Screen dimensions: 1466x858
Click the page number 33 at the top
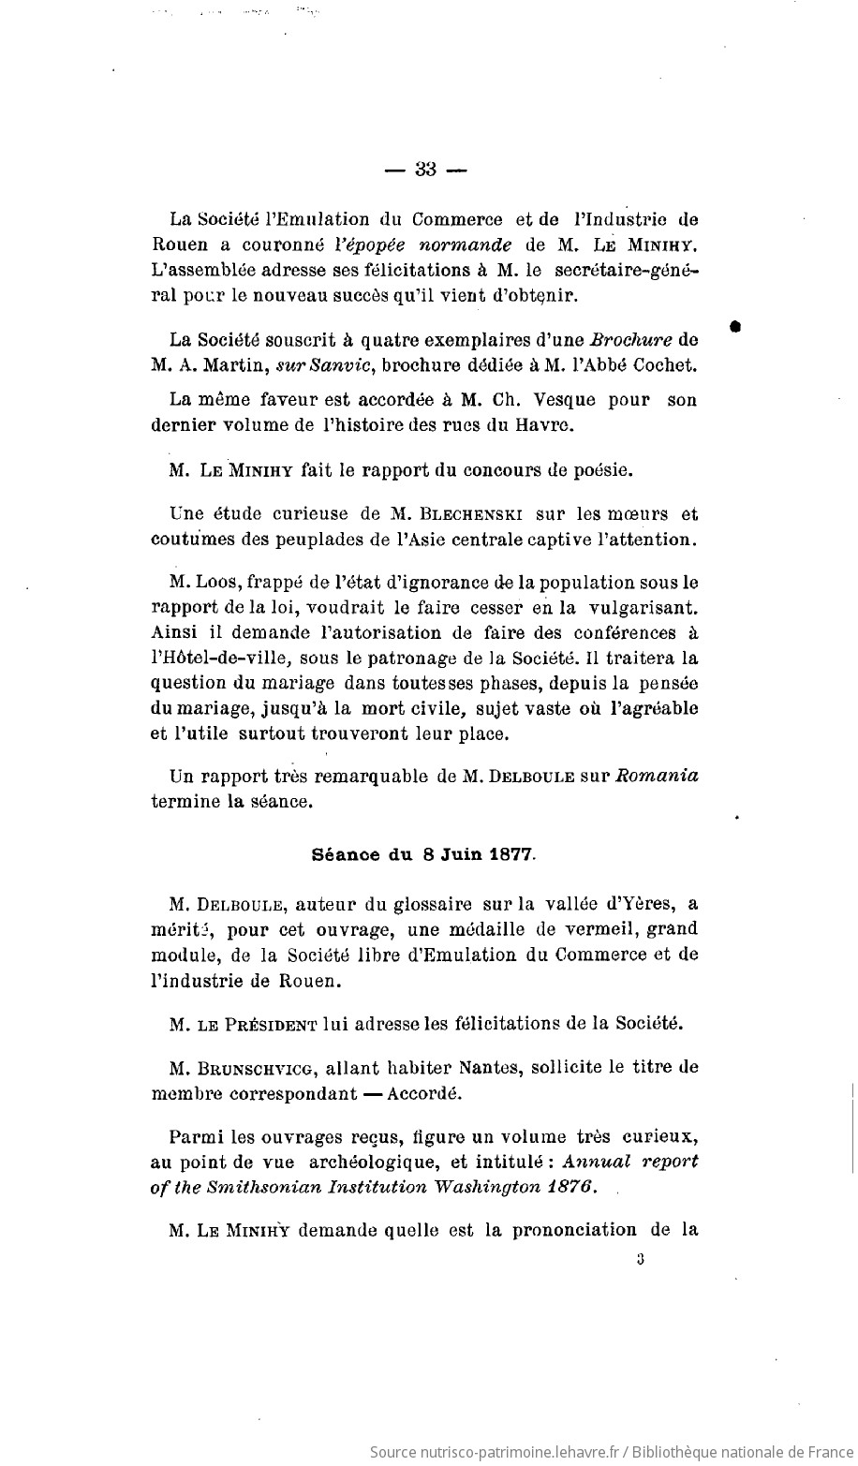[x=426, y=170]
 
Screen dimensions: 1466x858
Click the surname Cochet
[x=663, y=363]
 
